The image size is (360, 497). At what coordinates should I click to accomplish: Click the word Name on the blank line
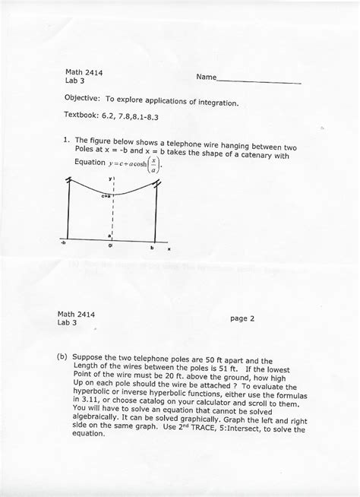point(204,78)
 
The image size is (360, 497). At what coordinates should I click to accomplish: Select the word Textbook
point(83,119)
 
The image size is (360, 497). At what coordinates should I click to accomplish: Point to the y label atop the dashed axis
point(111,181)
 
